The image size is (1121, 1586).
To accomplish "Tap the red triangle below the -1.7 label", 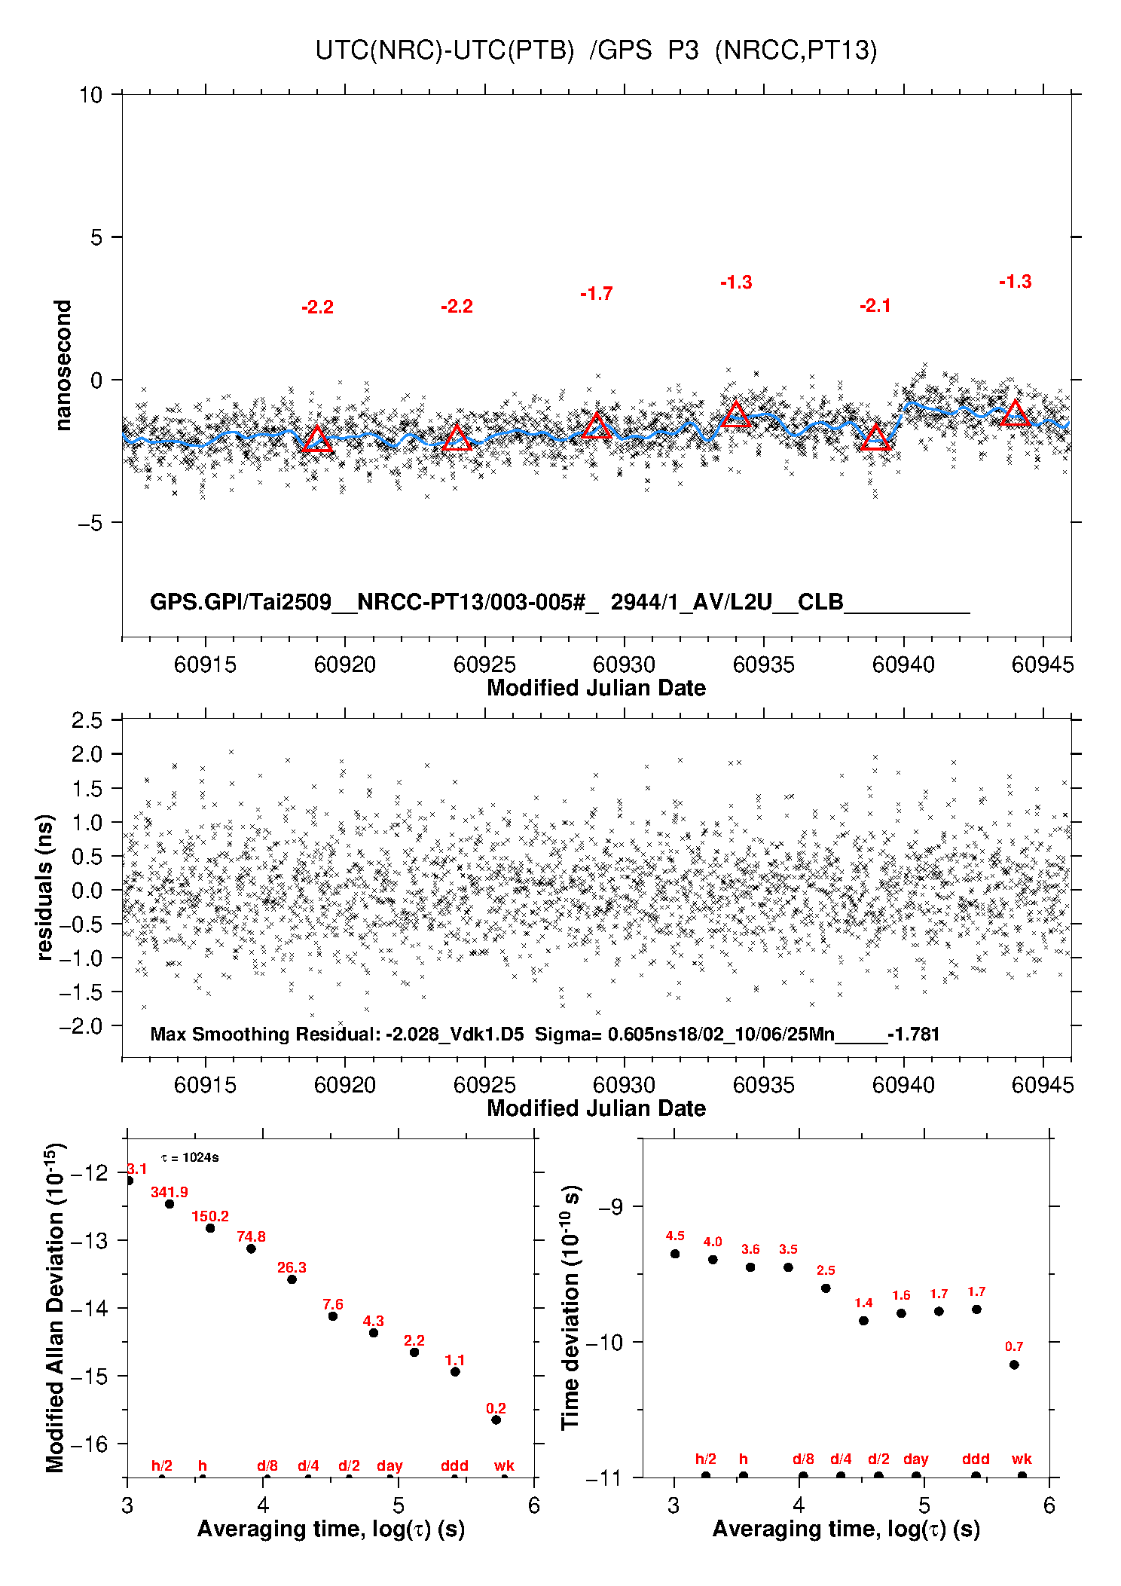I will click(597, 426).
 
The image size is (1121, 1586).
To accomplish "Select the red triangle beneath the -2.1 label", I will click(875, 438).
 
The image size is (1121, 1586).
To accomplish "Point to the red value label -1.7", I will click(597, 294).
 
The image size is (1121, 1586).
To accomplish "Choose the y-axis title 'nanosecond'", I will click(63, 365).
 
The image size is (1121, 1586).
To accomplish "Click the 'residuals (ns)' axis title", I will click(45, 888).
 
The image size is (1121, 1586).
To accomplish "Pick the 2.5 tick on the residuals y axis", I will click(87, 720).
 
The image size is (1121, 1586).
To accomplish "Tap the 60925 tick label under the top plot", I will click(484, 665).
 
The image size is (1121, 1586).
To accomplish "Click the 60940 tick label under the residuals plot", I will click(903, 1085).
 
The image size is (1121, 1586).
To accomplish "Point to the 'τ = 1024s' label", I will click(190, 1157).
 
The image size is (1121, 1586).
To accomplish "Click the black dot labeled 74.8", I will click(251, 1249).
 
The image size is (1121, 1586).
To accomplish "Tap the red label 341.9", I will click(170, 1192).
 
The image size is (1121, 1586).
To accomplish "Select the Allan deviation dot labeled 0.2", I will click(496, 1420).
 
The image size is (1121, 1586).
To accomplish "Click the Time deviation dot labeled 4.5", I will click(675, 1254).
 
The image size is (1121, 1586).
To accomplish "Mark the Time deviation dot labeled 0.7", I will click(1014, 1364).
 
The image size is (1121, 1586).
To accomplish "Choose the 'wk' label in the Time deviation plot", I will click(1022, 1459).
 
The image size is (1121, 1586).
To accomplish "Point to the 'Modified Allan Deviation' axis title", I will click(55, 1308).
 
